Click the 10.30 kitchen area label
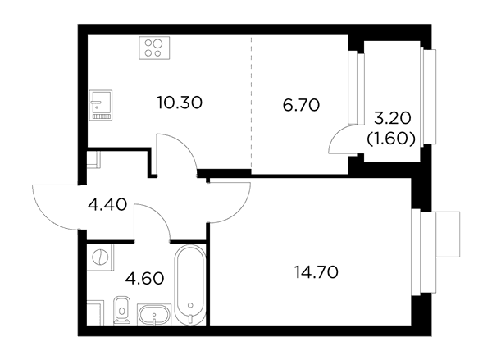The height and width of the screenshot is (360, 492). tap(180, 103)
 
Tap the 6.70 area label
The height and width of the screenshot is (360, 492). tap(301, 105)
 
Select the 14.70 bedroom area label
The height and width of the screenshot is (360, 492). tap(317, 272)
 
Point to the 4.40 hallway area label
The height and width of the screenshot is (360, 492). tap(107, 205)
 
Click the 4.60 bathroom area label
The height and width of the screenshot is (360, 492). tap(144, 278)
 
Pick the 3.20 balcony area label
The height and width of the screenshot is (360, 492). tap(393, 118)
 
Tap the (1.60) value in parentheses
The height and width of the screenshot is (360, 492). tap(391, 139)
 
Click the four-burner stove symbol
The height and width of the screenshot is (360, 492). tap(154, 48)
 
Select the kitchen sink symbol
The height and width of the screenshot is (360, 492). tap(101, 105)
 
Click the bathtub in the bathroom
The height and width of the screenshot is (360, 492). tap(190, 285)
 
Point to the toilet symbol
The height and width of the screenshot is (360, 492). tap(121, 310)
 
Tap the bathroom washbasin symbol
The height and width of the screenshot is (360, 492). tap(154, 315)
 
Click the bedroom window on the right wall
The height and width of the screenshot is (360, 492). tap(424, 252)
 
